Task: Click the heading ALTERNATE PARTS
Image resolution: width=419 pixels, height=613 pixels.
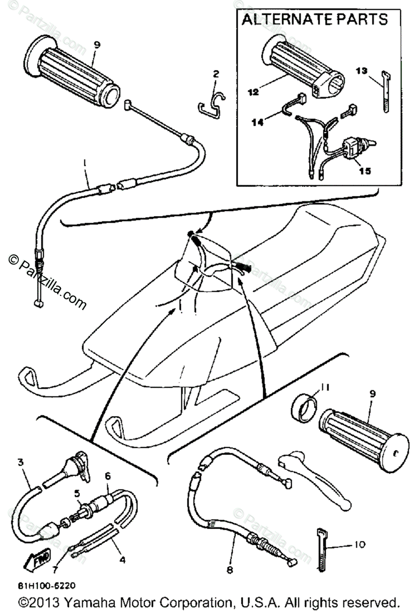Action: (314, 20)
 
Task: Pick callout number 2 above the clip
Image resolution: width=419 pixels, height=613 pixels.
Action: (216, 74)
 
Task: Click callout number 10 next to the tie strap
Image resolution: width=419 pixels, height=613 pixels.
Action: (359, 545)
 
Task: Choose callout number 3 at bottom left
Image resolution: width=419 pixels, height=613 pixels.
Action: (20, 463)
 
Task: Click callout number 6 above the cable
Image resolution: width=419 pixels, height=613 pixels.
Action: (107, 475)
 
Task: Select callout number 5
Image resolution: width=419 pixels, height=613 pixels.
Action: (77, 493)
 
